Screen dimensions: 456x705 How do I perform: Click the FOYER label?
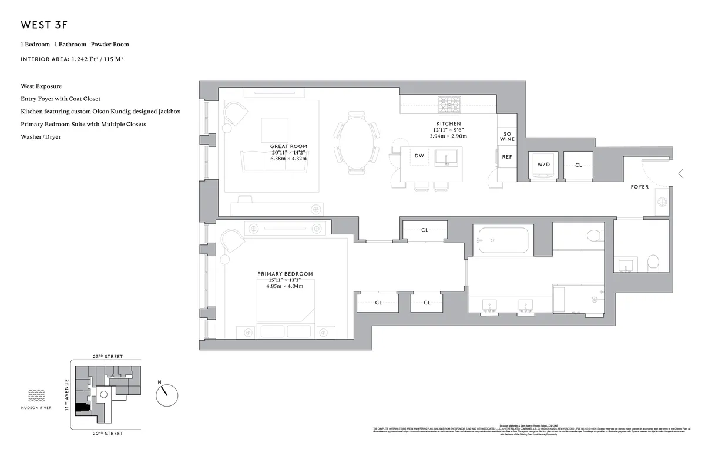(x=640, y=187)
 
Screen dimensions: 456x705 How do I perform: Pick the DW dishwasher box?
(x=419, y=156)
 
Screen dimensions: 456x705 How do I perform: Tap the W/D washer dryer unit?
(x=543, y=165)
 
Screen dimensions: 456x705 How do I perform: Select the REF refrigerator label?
(x=507, y=157)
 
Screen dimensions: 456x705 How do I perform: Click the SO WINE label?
(x=507, y=136)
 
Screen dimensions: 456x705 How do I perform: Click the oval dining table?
(x=355, y=143)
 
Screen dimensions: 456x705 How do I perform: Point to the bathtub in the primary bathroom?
(x=502, y=239)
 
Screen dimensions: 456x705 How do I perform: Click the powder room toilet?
(x=653, y=263)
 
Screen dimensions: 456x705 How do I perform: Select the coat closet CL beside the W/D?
(x=579, y=165)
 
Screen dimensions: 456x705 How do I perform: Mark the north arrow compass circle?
(x=166, y=395)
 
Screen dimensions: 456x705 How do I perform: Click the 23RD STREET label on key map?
(x=106, y=357)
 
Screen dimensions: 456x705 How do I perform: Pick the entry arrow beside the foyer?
(x=681, y=173)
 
